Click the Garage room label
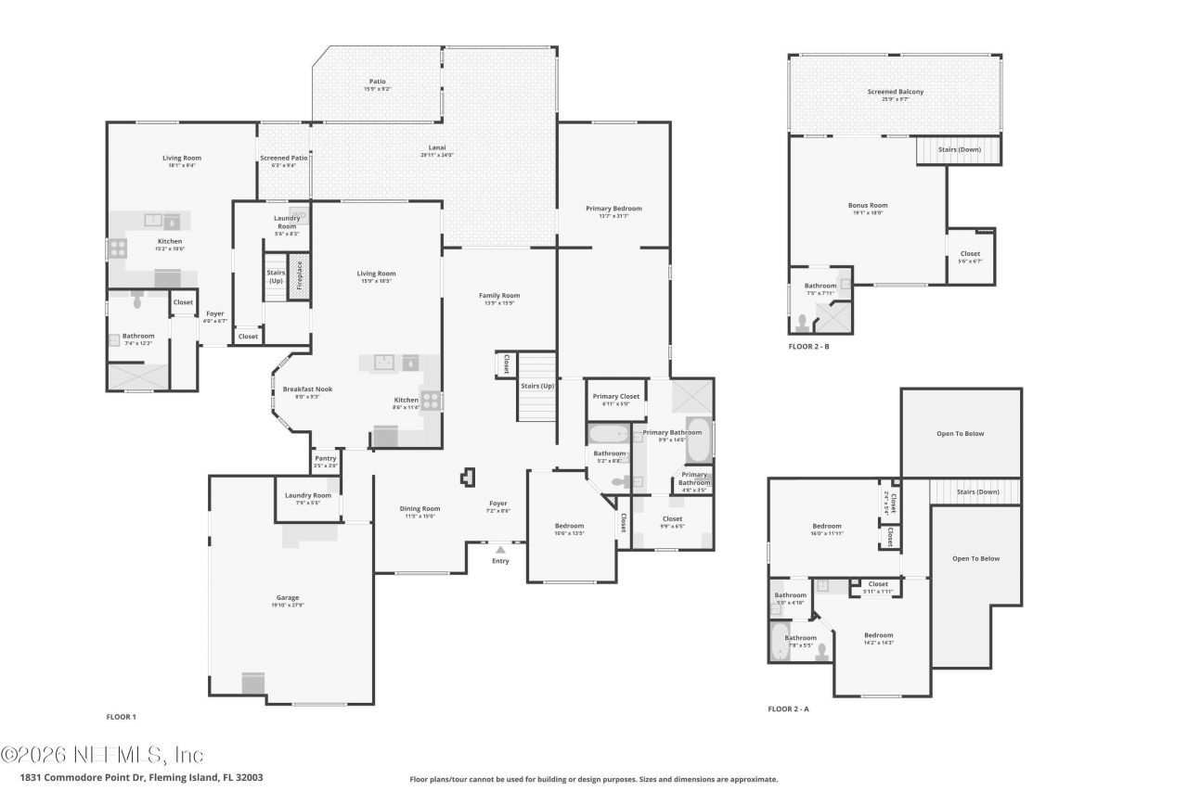[287, 597]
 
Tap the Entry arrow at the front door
[500, 550]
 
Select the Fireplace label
[300, 276]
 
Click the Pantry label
[325, 458]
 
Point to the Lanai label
[437, 147]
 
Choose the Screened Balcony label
[895, 92]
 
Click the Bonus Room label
[867, 205]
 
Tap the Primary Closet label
[616, 397]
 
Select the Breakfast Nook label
[307, 389]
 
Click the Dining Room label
[420, 508]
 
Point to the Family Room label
[499, 295]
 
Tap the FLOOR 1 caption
[122, 717]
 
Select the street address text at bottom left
[141, 778]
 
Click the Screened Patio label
[283, 158]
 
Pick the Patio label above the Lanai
[377, 82]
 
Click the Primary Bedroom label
[613, 209]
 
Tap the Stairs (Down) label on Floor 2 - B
[960, 149]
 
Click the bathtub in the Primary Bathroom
[701, 440]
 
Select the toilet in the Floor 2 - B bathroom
[801, 322]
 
